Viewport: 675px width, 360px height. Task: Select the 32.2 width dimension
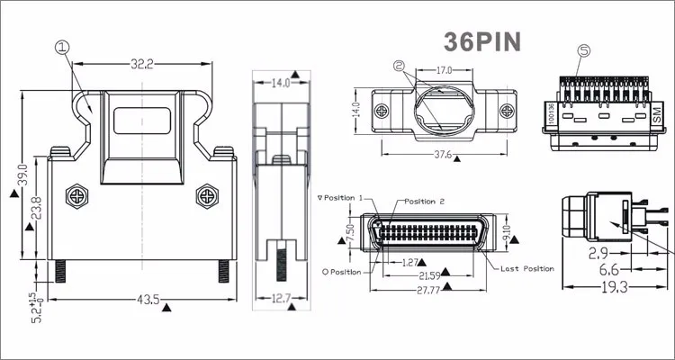pyautogui.click(x=143, y=64)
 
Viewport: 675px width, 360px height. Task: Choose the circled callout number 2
pyautogui.click(x=400, y=66)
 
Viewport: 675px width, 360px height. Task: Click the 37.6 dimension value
pyautogui.click(x=443, y=154)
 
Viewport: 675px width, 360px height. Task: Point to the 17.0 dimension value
pyautogui.click(x=444, y=70)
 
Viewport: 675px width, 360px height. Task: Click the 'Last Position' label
pyautogui.click(x=528, y=268)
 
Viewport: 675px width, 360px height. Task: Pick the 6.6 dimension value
pyautogui.click(x=609, y=268)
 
